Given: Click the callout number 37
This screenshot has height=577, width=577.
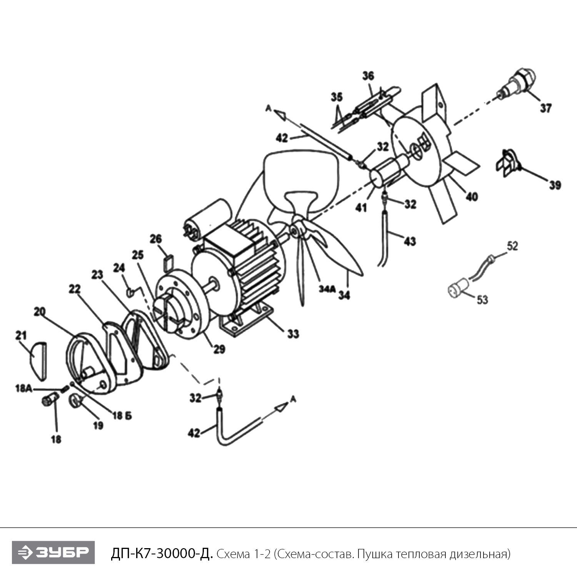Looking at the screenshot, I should pos(545,108).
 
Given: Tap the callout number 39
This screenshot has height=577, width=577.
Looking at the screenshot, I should pos(555,185).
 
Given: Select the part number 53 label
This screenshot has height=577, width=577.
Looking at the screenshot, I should pos(482,299).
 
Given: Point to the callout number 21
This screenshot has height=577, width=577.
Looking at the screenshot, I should pos(21,335).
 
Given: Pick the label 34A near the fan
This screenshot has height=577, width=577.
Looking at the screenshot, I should pos(327,289).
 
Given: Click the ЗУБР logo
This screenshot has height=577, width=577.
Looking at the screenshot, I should pos(53,552).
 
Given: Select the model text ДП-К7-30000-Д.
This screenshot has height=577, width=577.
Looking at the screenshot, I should pos(162,554).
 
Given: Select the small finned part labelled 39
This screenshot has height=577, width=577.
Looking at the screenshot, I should pos(505,164).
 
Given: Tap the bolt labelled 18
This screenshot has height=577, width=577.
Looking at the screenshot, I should pos(48,400).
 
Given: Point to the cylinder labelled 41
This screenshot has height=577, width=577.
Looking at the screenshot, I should pos(387,172).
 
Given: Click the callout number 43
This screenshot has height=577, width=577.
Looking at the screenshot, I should pos(409,242).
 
